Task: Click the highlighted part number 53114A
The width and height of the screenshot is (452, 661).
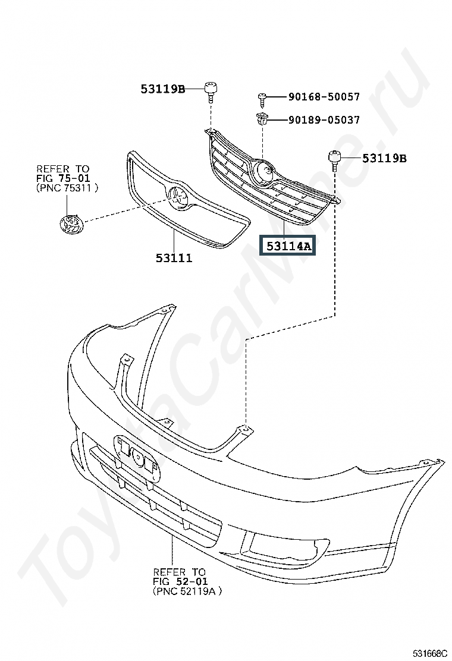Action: click(x=288, y=245)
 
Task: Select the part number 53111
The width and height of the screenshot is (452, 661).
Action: click(x=174, y=257)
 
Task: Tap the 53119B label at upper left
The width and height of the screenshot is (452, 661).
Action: click(x=163, y=89)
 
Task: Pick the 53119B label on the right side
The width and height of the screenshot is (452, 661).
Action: click(x=385, y=159)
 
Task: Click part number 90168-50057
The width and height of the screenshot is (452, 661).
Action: click(x=324, y=96)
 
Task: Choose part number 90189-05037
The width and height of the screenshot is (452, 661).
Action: click(x=324, y=119)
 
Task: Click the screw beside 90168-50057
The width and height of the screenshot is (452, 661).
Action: click(x=262, y=97)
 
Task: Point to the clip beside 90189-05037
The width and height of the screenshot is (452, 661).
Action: click(x=262, y=119)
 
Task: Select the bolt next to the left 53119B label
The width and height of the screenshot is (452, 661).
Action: click(x=211, y=91)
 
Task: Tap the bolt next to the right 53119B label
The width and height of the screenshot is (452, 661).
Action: click(x=334, y=160)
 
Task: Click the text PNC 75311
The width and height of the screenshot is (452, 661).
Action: click(x=67, y=188)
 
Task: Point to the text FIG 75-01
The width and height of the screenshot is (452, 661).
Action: click(x=63, y=178)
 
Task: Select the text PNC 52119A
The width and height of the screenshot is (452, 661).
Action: click(x=187, y=591)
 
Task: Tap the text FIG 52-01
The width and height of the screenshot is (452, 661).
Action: click(x=180, y=581)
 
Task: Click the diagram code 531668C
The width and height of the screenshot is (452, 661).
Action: click(x=429, y=654)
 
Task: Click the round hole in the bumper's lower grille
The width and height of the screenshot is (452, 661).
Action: click(x=138, y=457)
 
